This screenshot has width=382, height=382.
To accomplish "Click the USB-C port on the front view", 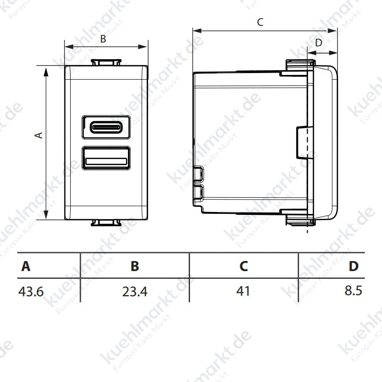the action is pyautogui.click(x=106, y=127).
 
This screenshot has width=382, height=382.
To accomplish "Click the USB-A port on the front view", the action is pyautogui.click(x=106, y=158).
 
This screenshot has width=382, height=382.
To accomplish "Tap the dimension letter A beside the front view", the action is pyautogui.click(x=39, y=135).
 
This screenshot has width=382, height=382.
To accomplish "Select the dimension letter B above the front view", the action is pyautogui.click(x=103, y=39).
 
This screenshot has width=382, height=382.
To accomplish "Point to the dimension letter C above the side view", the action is pyautogui.click(x=260, y=22).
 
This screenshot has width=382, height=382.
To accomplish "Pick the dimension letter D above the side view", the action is pyautogui.click(x=318, y=43).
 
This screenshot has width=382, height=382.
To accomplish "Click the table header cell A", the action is pyautogui.click(x=26, y=266).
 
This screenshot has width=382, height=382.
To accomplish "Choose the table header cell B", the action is pyautogui.click(x=135, y=266).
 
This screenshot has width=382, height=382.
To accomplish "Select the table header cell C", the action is pyautogui.click(x=244, y=266).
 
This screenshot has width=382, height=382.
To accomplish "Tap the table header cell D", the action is pyautogui.click(x=353, y=266).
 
